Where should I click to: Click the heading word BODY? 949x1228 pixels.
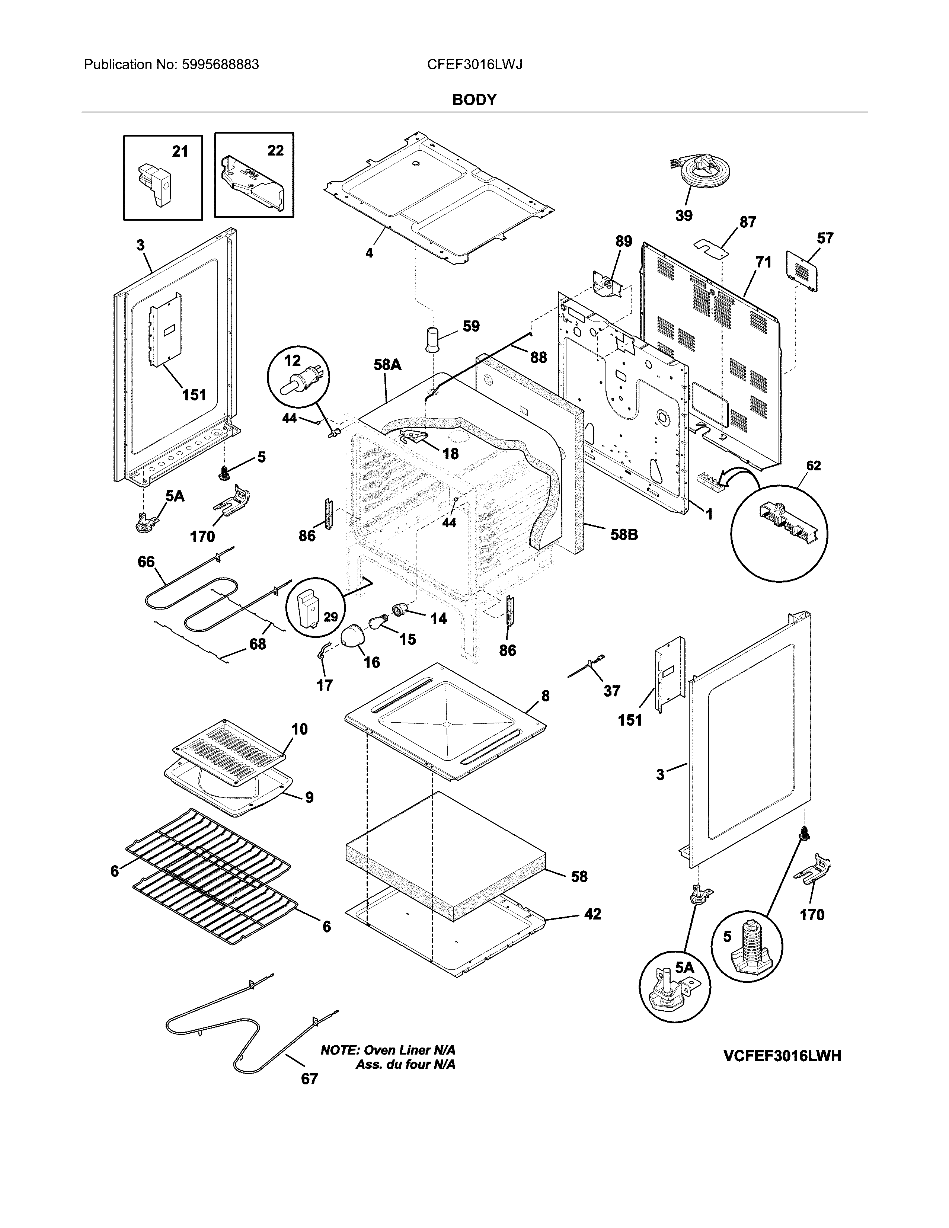(x=474, y=100)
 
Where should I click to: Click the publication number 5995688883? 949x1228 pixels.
(x=220, y=65)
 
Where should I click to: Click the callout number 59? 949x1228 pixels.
(x=471, y=326)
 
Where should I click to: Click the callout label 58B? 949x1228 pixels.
(x=624, y=534)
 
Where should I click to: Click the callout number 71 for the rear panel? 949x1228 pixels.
(x=763, y=262)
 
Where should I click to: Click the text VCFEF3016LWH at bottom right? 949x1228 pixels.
(x=782, y=1056)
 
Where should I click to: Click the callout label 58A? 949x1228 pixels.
(x=387, y=365)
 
